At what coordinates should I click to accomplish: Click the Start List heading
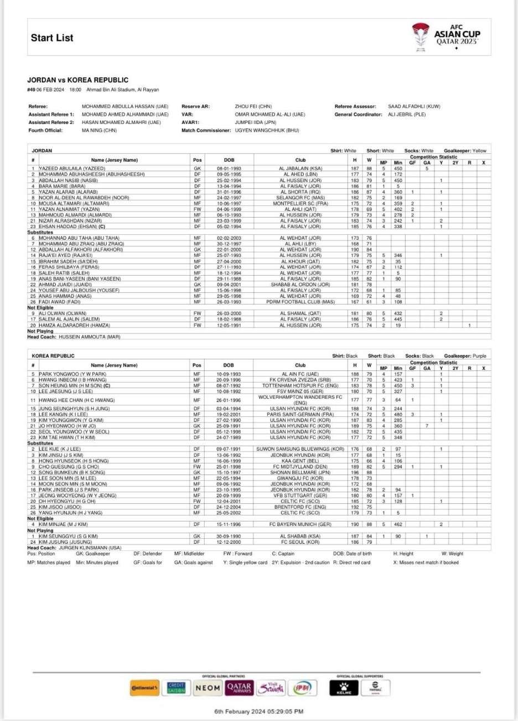[52, 38]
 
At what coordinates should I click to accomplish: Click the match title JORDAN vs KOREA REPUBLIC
[77, 80]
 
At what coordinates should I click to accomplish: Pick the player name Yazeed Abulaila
[72, 168]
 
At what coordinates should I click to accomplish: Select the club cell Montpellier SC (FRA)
[300, 204]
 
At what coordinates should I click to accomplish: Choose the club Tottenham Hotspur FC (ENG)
[300, 385]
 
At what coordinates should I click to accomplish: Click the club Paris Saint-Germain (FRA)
[300, 414]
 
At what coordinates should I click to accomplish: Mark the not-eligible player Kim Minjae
[63, 524]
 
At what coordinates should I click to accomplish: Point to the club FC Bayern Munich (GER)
[300, 524]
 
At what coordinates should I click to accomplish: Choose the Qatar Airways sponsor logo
[239, 688]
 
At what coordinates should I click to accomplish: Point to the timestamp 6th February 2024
[258, 711]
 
